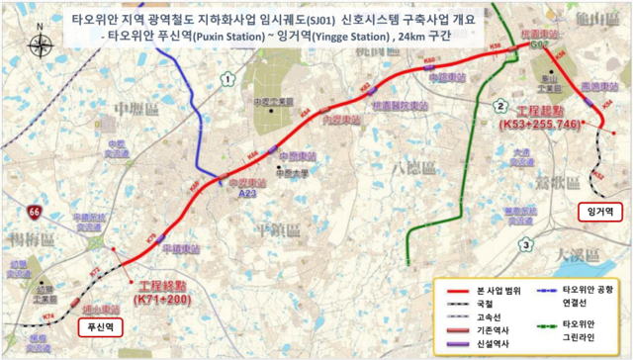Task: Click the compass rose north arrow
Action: point(39,45)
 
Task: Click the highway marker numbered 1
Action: point(228,79)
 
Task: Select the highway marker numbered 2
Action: point(501,106)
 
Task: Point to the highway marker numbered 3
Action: point(527,244)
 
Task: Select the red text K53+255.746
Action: point(540,126)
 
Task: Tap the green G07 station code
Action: point(538,45)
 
